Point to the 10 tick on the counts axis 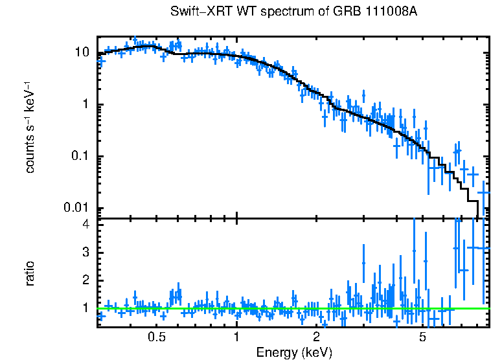[82, 52]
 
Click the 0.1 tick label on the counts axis [79, 156]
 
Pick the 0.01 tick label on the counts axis [76, 208]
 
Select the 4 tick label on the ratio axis [85, 224]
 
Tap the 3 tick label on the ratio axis [85, 252]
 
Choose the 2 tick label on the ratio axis [85, 280]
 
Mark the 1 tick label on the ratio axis [85, 308]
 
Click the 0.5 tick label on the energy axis [157, 337]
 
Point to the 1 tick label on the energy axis [236, 337]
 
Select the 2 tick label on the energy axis [317, 337]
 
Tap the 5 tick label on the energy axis [422, 337]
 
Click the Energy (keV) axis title [294, 352]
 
